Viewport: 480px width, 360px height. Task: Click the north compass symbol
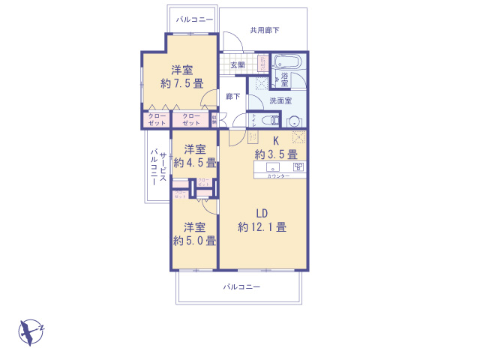(x=31, y=331)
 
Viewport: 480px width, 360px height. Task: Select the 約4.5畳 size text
(x=195, y=161)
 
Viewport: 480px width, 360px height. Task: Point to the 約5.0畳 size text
(x=195, y=241)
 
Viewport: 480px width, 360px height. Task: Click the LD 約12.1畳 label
(x=262, y=220)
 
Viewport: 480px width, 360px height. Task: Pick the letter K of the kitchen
(x=275, y=141)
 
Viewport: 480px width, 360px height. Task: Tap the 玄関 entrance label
(x=237, y=65)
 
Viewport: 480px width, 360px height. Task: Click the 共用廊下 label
(x=265, y=31)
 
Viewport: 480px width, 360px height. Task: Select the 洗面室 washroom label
(x=281, y=101)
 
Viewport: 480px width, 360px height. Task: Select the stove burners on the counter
(x=297, y=166)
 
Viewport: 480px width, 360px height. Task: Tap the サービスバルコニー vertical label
(x=157, y=167)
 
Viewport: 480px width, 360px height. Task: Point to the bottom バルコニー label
(x=241, y=287)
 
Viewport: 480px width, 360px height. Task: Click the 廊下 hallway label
(x=233, y=96)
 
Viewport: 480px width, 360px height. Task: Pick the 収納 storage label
(x=214, y=118)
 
